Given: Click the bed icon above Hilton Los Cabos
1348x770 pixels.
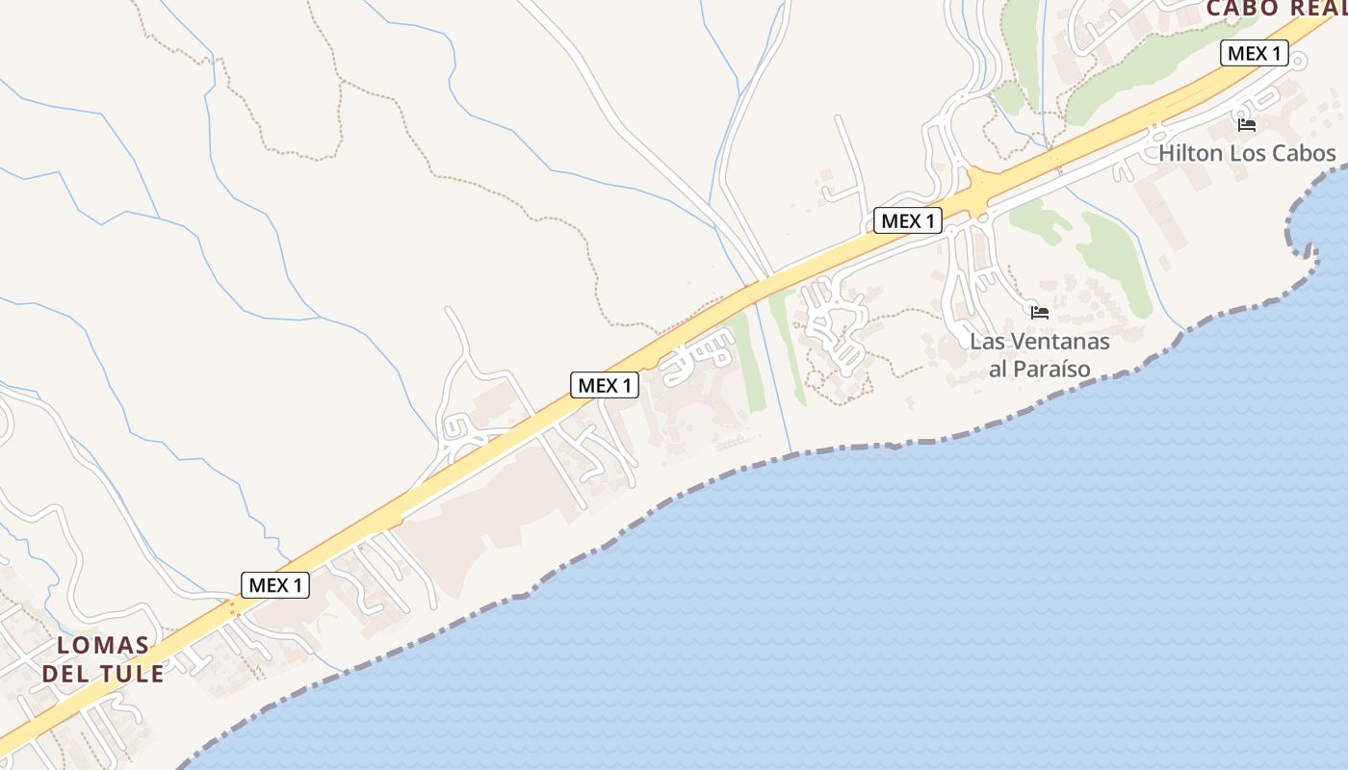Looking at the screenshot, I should click(x=1247, y=124).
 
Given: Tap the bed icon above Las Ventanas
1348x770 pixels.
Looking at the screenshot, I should click(x=1039, y=312).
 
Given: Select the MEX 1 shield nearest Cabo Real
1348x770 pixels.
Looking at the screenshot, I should click(x=1254, y=53).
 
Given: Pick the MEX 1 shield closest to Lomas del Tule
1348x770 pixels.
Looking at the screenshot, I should click(x=275, y=584).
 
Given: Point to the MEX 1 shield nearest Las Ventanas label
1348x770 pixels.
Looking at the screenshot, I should click(x=907, y=220).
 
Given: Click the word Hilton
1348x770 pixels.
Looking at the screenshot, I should click(x=1190, y=153).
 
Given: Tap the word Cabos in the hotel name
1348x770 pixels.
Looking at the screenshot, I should click(x=1303, y=153).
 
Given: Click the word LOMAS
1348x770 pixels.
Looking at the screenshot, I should click(x=103, y=645).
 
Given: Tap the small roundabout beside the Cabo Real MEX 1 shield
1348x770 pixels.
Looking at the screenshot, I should click(x=1298, y=62).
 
